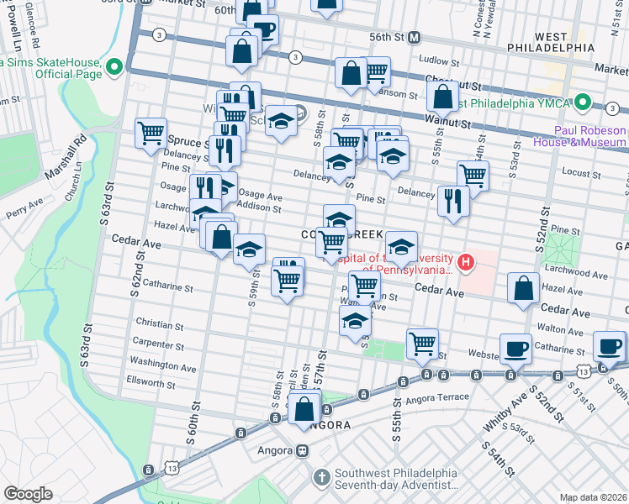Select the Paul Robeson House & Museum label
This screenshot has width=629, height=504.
[x=589, y=136]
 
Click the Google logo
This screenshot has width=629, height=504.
[x=27, y=494]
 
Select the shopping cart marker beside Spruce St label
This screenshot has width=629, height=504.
[x=151, y=132]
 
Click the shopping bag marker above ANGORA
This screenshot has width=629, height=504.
[x=304, y=410]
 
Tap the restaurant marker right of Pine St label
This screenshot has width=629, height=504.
[x=453, y=201]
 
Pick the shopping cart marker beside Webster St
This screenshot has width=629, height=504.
[x=421, y=343]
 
